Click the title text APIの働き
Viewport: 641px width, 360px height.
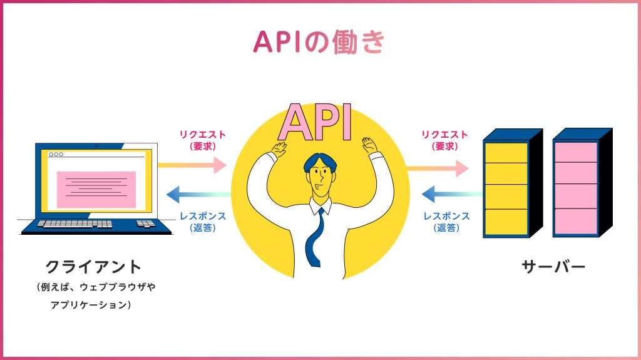pyautogui.click(x=320, y=41)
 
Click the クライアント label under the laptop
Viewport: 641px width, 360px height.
pyautogui.click(x=94, y=267)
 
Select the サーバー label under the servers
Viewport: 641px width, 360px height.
pyautogui.click(x=553, y=267)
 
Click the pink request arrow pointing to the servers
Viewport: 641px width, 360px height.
pyautogui.click(x=437, y=168)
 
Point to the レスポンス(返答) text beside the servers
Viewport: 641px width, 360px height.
pyautogui.click(x=447, y=222)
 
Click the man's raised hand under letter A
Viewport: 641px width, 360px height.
pyautogui.click(x=279, y=149)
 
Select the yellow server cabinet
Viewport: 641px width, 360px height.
pyautogui.click(x=506, y=188)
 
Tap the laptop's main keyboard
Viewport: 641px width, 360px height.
pyautogui.click(x=74, y=224)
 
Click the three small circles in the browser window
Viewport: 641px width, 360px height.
pyautogui.click(x=56, y=154)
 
